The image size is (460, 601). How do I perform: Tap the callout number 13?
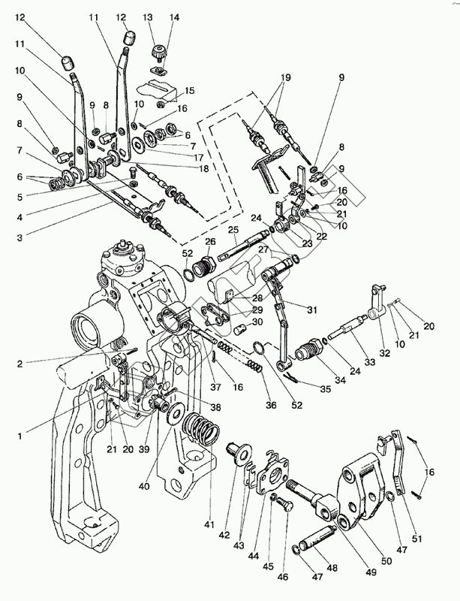pos(148,17)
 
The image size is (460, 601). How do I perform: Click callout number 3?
pos(20,238)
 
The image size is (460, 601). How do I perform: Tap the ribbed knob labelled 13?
pos(158,54)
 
